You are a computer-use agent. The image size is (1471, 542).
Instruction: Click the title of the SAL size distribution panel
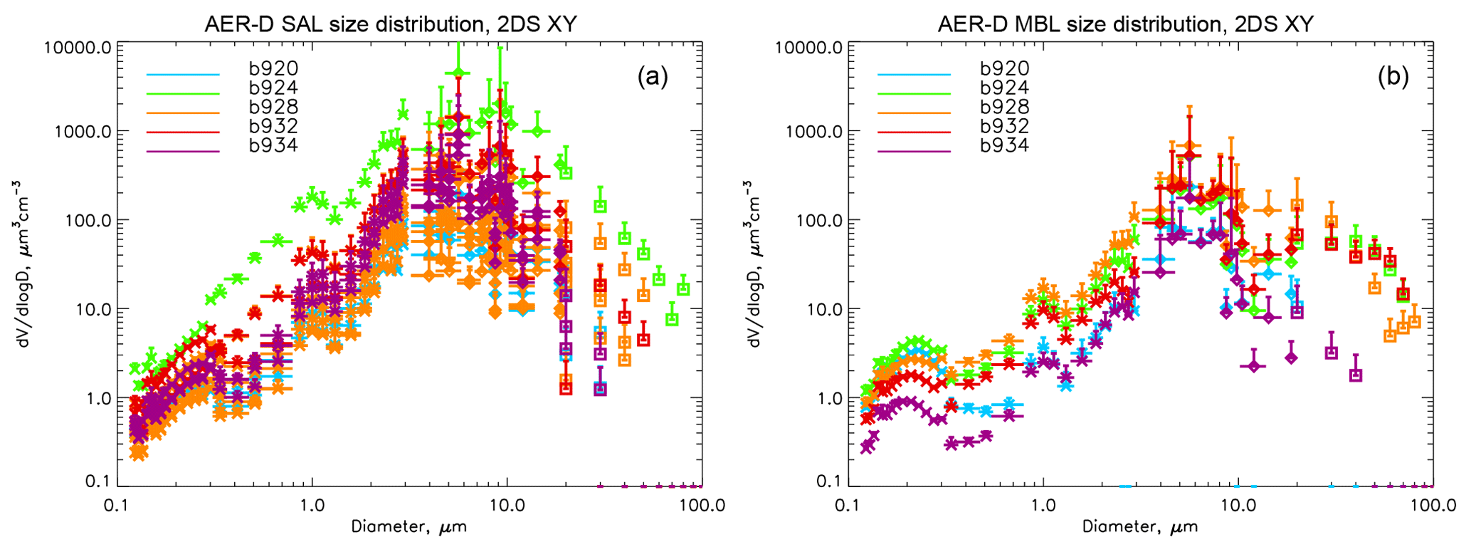click(x=390, y=24)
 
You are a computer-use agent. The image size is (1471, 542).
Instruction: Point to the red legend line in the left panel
click(x=183, y=132)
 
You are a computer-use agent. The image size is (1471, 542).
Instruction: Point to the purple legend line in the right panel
click(x=914, y=152)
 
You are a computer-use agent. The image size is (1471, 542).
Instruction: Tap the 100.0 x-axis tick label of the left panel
click(x=702, y=506)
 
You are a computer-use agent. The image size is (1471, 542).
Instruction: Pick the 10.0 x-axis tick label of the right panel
click(x=1238, y=506)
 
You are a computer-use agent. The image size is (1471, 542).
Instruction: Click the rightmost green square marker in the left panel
click(x=683, y=288)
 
